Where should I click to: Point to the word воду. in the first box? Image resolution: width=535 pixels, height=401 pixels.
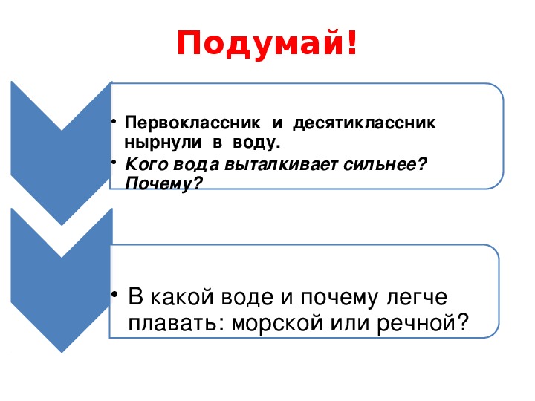point(253,140)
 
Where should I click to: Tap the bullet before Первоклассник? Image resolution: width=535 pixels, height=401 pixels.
point(114,120)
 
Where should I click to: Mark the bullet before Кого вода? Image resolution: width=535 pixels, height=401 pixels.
point(114,163)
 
